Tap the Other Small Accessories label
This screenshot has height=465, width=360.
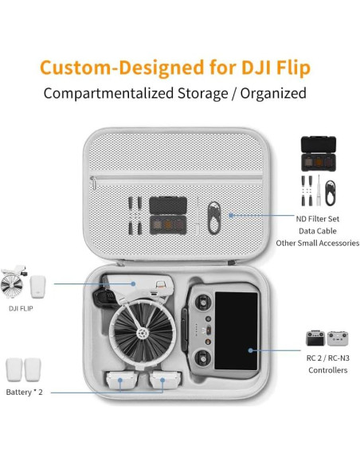(317, 243)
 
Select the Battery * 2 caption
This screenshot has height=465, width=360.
(24, 393)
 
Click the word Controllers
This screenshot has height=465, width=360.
(327, 370)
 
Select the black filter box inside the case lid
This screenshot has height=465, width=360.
(170, 216)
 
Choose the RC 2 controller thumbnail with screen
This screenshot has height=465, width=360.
(315, 338)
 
